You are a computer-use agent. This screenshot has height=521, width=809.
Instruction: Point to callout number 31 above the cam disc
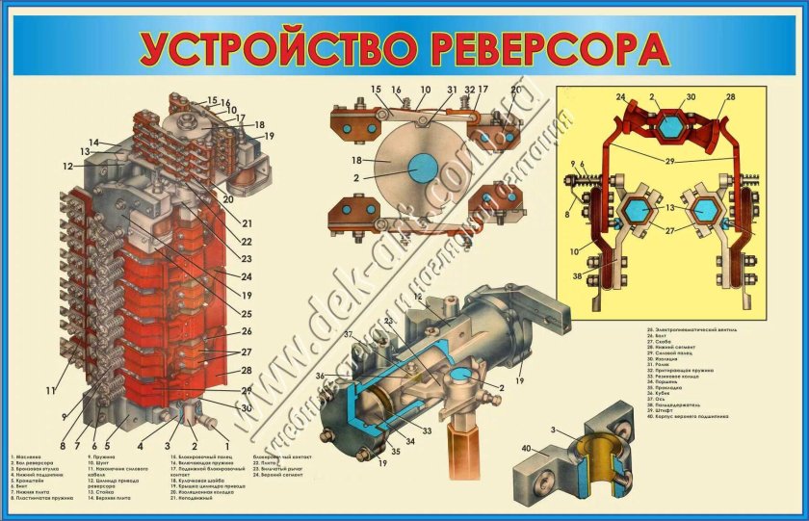(x=451, y=91)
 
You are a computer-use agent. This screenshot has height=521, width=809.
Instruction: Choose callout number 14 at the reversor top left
(x=94, y=142)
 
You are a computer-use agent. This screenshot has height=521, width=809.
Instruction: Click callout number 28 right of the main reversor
(x=247, y=370)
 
